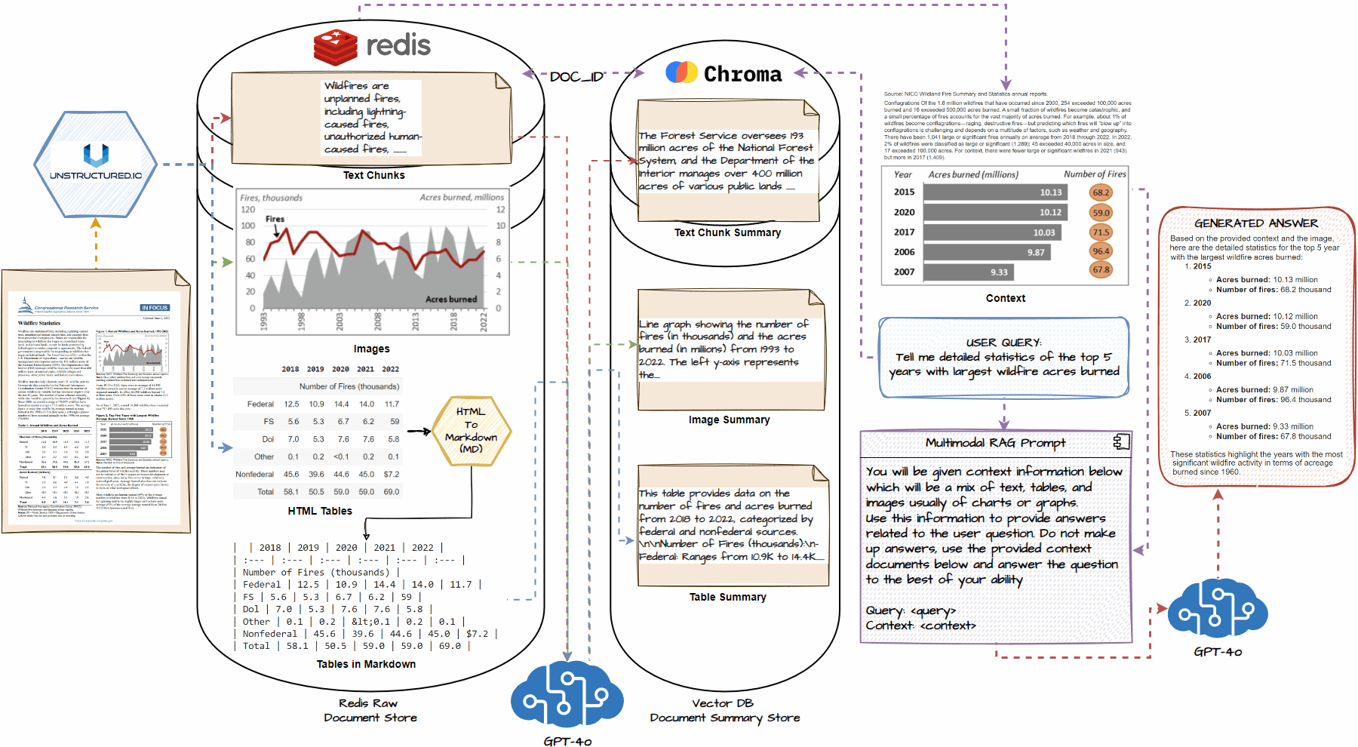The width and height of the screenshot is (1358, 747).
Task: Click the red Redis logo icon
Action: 336,47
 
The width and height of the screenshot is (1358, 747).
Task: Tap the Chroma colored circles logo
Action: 682,72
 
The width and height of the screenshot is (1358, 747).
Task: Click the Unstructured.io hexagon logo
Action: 96,164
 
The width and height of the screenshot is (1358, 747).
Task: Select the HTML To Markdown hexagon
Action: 472,430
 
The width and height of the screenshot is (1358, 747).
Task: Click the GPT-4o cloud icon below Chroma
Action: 567,696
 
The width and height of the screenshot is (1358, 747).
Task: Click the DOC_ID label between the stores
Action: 576,76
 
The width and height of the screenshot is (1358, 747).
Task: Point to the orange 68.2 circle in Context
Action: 1101,192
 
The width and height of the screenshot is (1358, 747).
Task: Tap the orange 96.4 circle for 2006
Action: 1101,251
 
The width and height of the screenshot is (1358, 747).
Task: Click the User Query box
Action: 1003,358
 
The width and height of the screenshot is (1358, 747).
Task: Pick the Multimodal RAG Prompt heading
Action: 995,443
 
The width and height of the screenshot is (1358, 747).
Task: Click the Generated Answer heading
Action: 1256,223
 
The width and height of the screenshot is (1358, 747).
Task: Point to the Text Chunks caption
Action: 373,175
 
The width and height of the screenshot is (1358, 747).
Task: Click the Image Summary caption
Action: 729,420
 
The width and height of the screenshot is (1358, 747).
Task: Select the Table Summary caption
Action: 727,597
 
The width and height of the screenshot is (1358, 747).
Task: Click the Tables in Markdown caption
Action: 366,664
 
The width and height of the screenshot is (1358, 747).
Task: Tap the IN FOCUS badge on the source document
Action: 155,308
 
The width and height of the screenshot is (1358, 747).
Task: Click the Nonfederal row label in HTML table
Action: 254,475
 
